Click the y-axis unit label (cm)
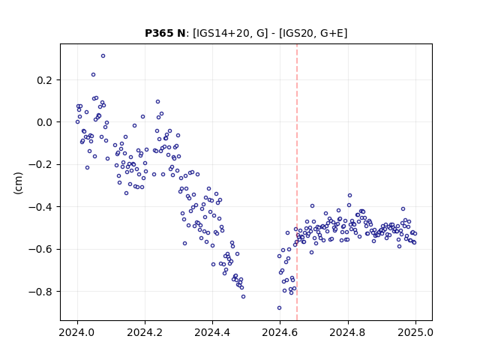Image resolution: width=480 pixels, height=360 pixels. click(x=18, y=183)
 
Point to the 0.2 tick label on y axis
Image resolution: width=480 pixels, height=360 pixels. click(x=45, y=80)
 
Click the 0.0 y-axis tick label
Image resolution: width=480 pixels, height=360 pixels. click(x=45, y=122)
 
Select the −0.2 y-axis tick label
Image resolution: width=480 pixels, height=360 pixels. click(x=40, y=165)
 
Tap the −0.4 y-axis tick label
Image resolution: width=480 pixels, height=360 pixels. click(x=40, y=207)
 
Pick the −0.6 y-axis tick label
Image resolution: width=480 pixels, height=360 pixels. click(x=40, y=249)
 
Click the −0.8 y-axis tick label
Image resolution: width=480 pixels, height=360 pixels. click(x=40, y=292)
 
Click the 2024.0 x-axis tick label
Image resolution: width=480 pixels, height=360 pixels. click(x=77, y=332)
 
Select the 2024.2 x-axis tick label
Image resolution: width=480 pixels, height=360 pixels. click(x=145, y=332)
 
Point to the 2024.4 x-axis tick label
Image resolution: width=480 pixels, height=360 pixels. click(x=212, y=332)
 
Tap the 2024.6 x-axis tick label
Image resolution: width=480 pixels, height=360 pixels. click(x=280, y=332)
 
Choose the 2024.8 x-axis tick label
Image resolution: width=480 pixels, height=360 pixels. click(x=347, y=332)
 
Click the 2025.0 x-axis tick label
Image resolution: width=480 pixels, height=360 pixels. click(x=415, y=332)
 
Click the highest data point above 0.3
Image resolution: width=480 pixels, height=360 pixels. click(x=103, y=55)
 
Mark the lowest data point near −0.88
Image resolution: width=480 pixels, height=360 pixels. click(x=279, y=307)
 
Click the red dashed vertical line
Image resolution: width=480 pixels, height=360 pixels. click(x=297, y=182)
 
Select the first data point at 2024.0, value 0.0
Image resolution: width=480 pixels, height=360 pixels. click(x=77, y=121)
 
